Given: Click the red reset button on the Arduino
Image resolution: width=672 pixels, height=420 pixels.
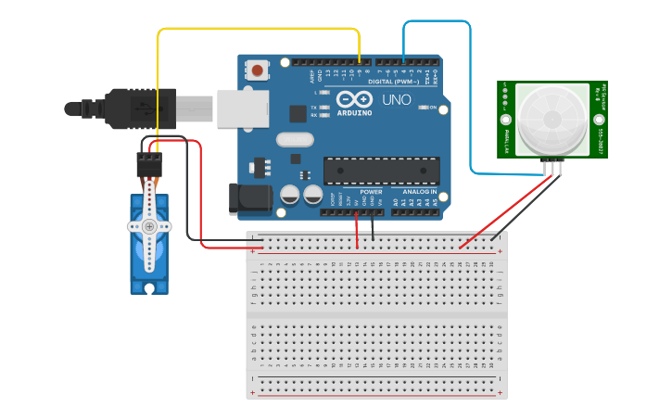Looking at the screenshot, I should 257,70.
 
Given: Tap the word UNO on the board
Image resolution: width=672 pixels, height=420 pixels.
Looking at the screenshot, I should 397,99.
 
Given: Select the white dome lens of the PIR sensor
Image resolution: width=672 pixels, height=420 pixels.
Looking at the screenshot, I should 552,118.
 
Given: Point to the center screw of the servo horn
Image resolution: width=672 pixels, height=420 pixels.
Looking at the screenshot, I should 148,226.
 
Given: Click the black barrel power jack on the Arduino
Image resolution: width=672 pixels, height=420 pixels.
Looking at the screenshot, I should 247,197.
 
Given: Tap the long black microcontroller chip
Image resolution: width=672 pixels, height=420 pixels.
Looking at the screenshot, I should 381,171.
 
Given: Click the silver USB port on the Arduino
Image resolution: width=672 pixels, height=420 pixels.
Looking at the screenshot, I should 240,108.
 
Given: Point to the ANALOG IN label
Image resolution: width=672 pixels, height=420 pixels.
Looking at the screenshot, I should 419,192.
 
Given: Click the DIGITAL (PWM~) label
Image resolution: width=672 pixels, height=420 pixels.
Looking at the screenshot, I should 393,82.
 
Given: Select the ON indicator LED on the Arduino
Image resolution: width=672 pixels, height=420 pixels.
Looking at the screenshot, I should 422,108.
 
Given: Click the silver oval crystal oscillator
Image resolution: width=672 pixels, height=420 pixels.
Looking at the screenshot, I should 294,140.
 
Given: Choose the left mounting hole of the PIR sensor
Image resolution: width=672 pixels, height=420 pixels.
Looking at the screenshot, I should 505,120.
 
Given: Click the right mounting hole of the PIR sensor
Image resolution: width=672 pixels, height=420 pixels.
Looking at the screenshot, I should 600,119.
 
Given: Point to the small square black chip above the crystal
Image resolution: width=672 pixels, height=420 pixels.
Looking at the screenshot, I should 298,113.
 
